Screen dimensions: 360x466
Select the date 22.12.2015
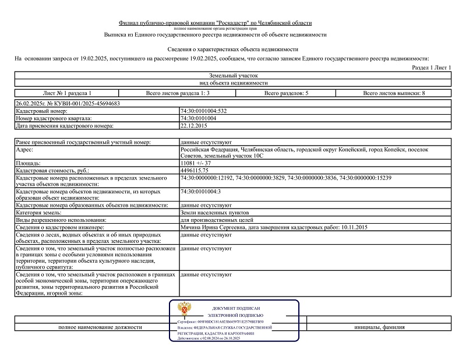point(194,125)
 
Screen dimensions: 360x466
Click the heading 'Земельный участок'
point(232,76)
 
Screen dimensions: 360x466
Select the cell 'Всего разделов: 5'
point(286,93)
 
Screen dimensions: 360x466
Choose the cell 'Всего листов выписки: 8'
point(394,93)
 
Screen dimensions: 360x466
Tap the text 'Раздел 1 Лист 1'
point(432,68)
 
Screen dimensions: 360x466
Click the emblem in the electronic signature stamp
point(187,309)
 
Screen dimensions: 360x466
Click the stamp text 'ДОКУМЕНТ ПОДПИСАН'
point(236,308)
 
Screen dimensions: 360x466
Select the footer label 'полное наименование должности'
point(100,327)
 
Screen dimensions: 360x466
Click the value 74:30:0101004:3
point(201,192)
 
